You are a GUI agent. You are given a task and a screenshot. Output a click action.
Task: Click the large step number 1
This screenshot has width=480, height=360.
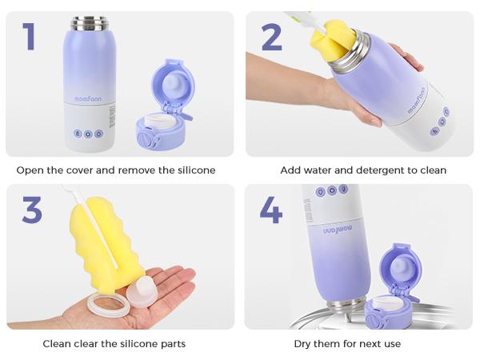tap(29, 38)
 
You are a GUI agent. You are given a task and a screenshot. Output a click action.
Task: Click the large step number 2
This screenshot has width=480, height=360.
tap(271, 38)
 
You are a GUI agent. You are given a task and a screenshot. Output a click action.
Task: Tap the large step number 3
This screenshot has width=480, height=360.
tap(32, 210)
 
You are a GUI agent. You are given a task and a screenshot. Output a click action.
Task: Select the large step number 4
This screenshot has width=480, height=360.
tap(271, 210)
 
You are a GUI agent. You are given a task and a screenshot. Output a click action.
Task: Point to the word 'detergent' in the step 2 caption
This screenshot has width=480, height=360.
tap(382, 170)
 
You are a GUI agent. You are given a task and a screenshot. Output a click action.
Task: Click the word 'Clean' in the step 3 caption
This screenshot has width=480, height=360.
tap(57, 344)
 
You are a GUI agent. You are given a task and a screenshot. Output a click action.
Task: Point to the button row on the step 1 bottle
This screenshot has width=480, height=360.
tap(88, 134)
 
